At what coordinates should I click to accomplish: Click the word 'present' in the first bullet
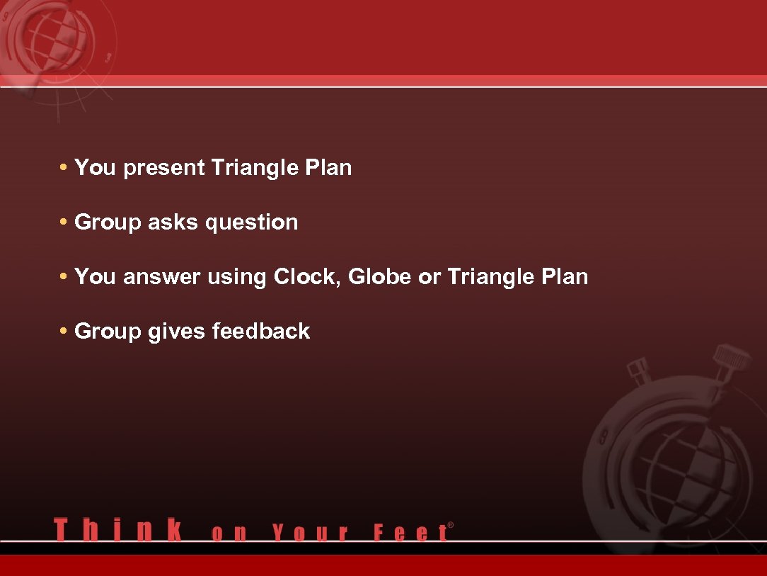164,169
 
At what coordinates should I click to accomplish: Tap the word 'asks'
173,222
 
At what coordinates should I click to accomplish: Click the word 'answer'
162,277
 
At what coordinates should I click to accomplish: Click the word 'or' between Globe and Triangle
429,277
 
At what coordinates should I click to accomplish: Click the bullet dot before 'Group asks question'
64,222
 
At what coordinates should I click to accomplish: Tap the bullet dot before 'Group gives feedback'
64,332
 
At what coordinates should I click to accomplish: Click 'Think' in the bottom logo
117,530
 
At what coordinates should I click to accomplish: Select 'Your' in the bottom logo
311,533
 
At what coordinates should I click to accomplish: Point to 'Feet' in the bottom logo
410,533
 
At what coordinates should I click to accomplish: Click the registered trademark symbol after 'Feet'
451,526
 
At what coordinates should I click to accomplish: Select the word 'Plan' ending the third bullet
564,277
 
